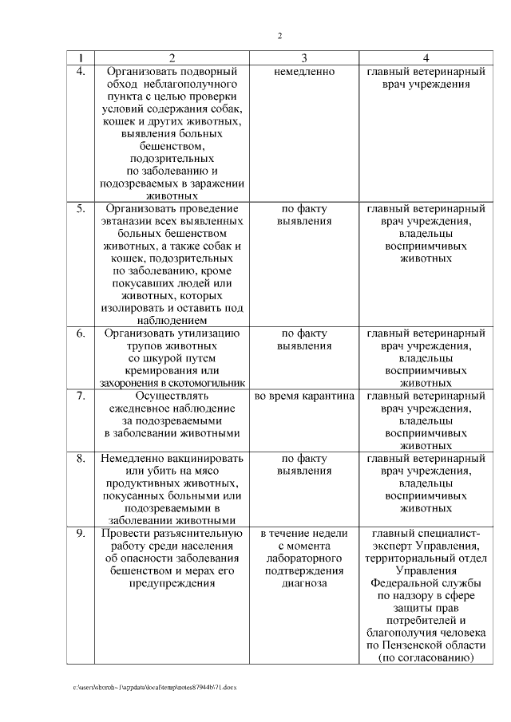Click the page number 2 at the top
(x=279, y=36)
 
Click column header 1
(x=81, y=58)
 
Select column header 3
(x=303, y=58)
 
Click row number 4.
(x=81, y=71)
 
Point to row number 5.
(x=81, y=209)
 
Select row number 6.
(x=81, y=333)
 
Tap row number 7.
(x=81, y=395)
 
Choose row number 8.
(x=81, y=458)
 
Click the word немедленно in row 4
(x=303, y=71)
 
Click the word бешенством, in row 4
(x=172, y=147)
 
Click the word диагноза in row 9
(x=303, y=583)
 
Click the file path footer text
(x=155, y=685)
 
